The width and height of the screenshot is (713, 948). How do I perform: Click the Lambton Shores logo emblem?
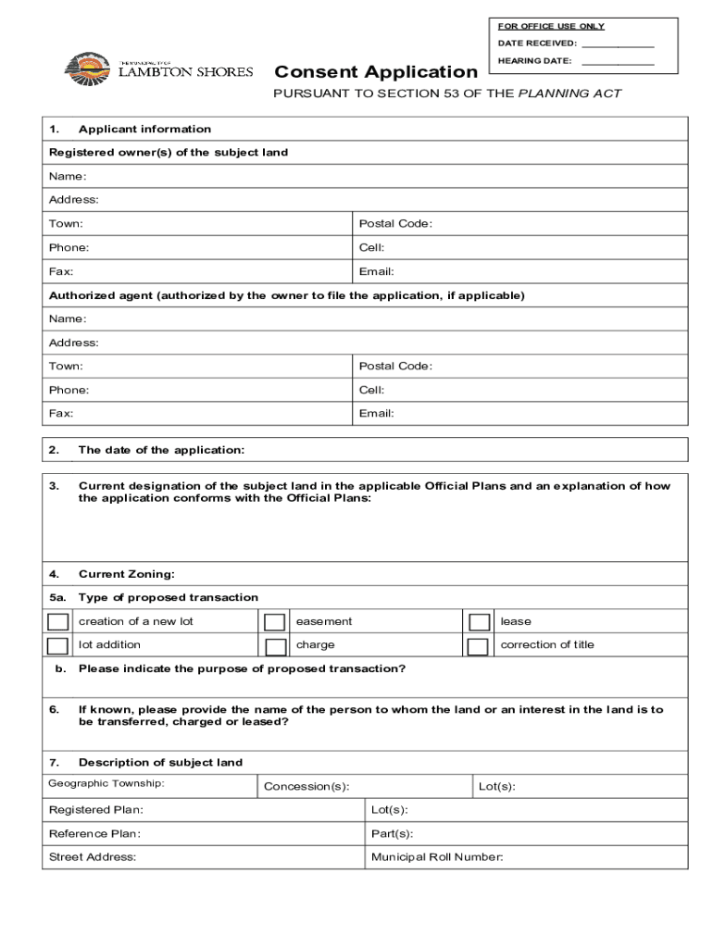pyautogui.click(x=86, y=68)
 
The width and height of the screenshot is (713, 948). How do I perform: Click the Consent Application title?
pyautogui.click(x=375, y=72)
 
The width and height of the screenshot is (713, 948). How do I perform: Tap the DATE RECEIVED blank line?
pyautogui.click(x=619, y=44)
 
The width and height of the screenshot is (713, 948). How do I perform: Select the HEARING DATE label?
pyautogui.click(x=534, y=61)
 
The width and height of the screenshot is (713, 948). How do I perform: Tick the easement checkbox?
pyautogui.click(x=274, y=622)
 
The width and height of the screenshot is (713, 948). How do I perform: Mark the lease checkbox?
pyautogui.click(x=479, y=622)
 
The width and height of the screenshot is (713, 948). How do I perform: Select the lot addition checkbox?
pyautogui.click(x=57, y=646)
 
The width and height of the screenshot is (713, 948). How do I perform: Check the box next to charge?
pyautogui.click(x=274, y=646)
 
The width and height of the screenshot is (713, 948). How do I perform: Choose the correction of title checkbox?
pyautogui.click(x=479, y=646)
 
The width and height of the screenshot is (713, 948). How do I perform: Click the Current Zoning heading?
pyautogui.click(x=126, y=575)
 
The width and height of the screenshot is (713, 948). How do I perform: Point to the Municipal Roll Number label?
pyautogui.click(x=436, y=857)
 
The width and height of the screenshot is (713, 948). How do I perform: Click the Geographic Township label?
pyautogui.click(x=106, y=784)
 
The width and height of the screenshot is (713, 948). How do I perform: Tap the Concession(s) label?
pyautogui.click(x=306, y=787)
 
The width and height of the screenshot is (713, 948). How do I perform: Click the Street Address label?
pyautogui.click(x=93, y=857)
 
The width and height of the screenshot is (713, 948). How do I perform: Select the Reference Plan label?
pyautogui.click(x=94, y=833)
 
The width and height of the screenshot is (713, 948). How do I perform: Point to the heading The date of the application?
pyautogui.click(x=161, y=450)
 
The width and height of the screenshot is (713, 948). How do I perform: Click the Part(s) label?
pyautogui.click(x=392, y=833)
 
